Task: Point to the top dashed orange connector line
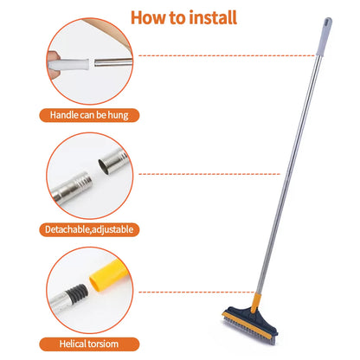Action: [x=225, y=55]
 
